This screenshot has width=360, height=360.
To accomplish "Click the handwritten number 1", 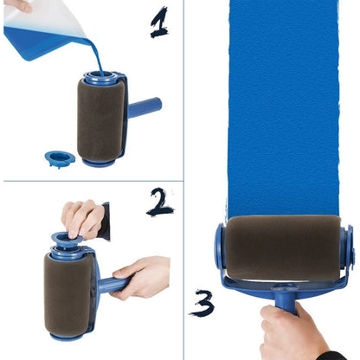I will point(158,22).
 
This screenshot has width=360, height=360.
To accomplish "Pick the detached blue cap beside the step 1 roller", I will point(60,158).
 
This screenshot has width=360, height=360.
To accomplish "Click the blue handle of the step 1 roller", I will point(145,108).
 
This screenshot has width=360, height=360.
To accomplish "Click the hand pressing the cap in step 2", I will point(82,218).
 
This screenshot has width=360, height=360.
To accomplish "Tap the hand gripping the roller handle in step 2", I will point(144,277).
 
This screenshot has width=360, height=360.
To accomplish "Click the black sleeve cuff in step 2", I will point(105,221).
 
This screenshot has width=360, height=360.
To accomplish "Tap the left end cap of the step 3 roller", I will point(222,251).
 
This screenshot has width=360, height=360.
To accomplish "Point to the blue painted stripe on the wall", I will point(286,104).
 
